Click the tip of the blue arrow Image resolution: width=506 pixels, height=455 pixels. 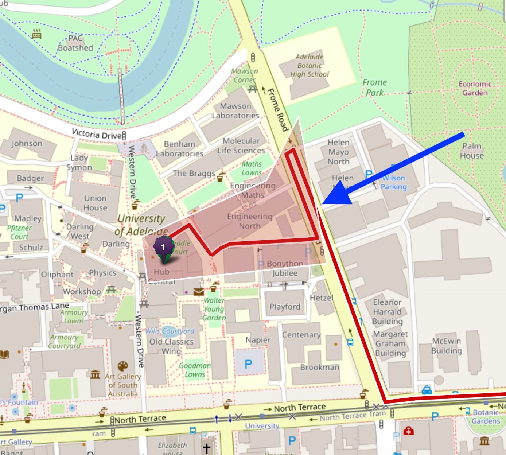(323, 203)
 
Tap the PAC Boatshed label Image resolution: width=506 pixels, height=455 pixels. (75, 43)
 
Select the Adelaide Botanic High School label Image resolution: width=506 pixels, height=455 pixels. (310, 66)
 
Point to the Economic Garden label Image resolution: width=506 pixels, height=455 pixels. (475, 89)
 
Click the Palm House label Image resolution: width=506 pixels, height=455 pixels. (472, 151)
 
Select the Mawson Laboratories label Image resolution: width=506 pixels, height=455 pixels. (236, 111)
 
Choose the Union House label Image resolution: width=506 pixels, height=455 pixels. (96, 203)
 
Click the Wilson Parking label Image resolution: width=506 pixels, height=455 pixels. (394, 182)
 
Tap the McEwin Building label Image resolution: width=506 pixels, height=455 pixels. (447, 346)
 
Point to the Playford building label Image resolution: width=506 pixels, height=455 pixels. (285, 307)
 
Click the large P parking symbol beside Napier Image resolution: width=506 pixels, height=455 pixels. (249, 364)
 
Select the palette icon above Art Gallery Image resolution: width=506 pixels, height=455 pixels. (123, 366)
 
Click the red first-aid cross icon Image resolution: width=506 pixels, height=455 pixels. (408, 431)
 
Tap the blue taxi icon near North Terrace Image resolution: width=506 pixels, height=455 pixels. (427, 390)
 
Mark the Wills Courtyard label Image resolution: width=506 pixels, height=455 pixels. (170, 331)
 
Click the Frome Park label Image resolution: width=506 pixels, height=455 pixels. (375, 87)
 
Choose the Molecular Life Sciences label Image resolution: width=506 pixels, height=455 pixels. (241, 146)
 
